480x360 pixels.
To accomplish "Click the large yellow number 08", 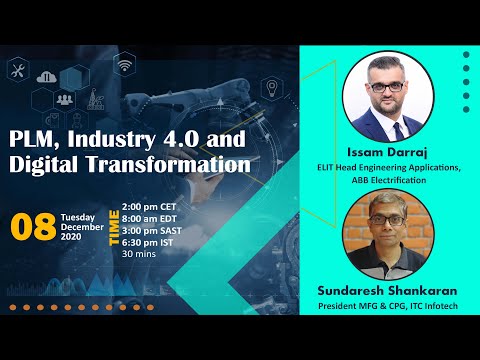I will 32,226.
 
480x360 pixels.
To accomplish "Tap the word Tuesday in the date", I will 77,216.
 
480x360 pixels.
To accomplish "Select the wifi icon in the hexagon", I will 124,67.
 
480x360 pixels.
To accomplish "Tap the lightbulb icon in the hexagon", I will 270,88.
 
